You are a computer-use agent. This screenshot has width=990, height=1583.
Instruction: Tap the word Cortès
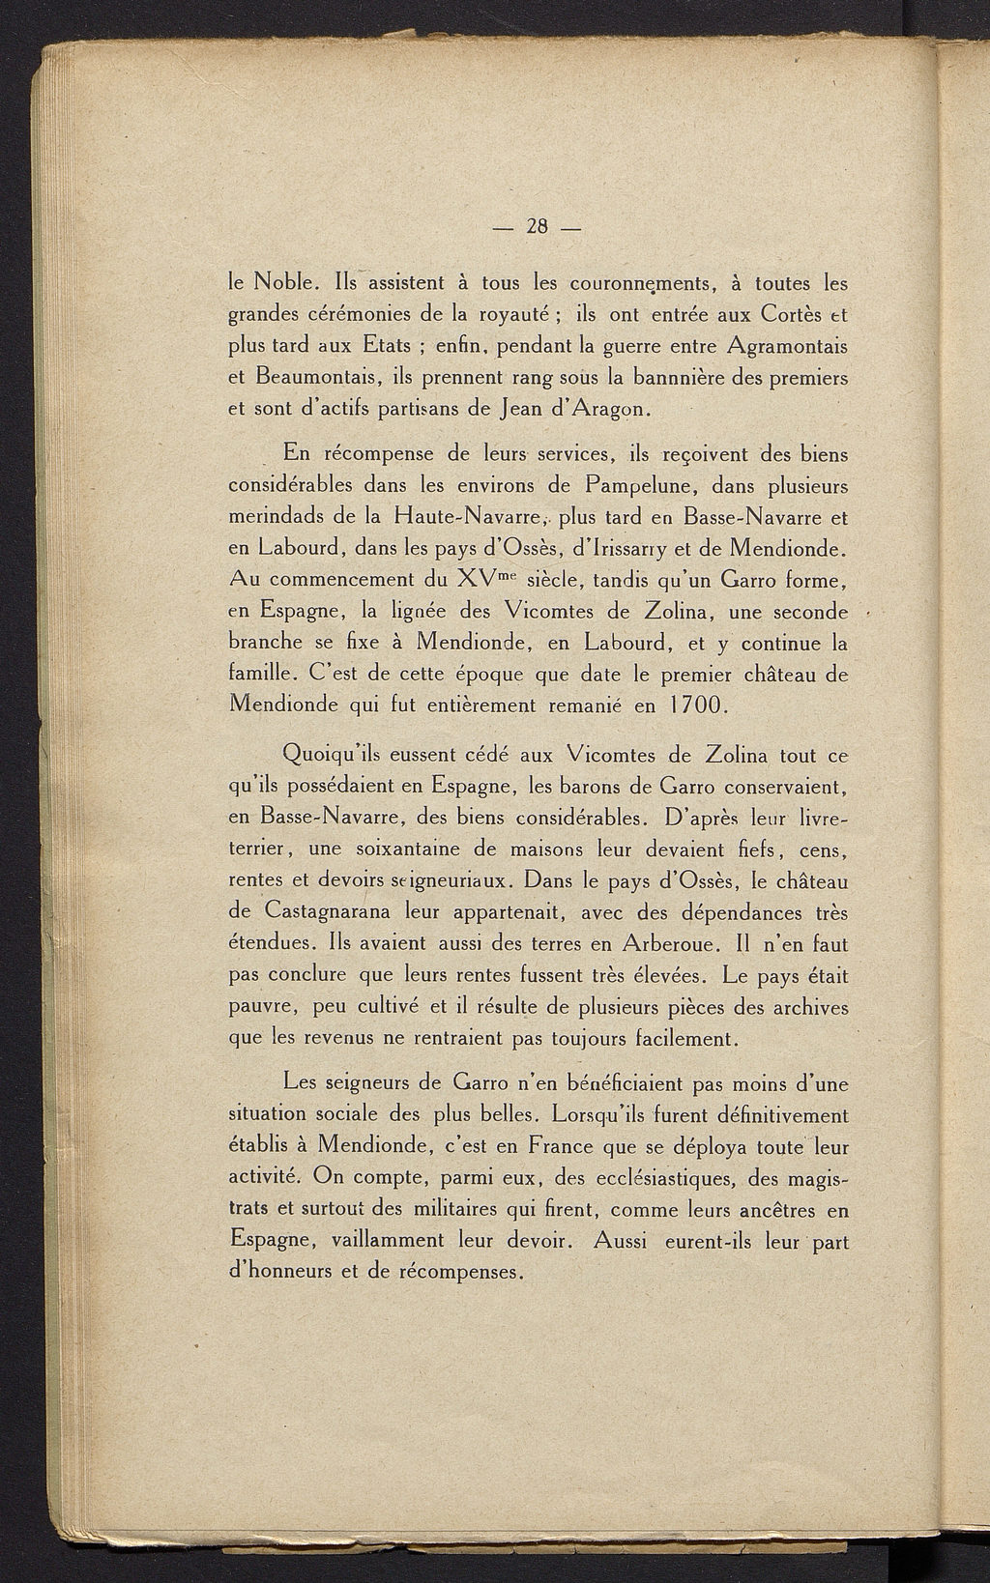pos(792,315)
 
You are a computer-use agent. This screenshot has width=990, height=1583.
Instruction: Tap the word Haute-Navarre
pos(462,516)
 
